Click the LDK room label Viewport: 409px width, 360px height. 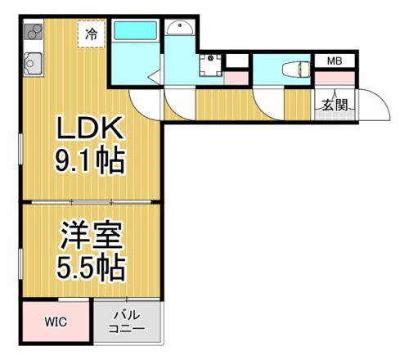[89, 128]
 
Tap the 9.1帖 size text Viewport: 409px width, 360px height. [90, 161]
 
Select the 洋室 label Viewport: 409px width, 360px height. [91, 235]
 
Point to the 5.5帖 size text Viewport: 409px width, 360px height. [91, 268]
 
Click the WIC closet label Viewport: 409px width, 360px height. [56, 322]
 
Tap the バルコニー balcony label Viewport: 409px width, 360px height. [127, 322]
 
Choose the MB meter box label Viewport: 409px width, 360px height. [335, 61]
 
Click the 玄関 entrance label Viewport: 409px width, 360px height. [335, 105]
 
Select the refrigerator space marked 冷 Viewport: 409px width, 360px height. [92, 34]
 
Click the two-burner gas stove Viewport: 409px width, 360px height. [34, 32]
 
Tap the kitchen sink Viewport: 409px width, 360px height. [33, 64]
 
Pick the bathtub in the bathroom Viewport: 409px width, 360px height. [136, 31]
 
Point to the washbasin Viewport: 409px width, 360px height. [179, 28]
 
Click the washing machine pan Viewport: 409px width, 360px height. [210, 65]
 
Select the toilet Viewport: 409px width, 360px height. [296, 70]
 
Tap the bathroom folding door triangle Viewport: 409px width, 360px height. [155, 77]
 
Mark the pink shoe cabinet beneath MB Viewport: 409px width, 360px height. [335, 79]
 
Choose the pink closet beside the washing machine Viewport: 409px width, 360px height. [236, 79]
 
